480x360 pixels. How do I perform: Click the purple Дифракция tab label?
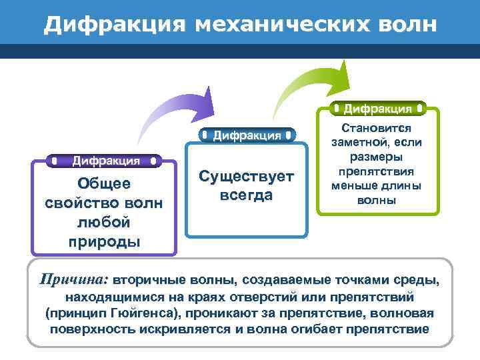coord(105,161)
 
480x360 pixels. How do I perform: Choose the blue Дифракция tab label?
coord(246,136)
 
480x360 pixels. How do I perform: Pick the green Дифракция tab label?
coord(377,108)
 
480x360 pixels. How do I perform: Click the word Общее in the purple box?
coord(104,184)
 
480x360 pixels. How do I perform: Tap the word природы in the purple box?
coord(104,241)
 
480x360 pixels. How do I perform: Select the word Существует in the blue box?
coord(246,177)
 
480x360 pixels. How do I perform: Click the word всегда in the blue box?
coord(246,195)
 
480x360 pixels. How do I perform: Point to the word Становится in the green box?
coord(377,127)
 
